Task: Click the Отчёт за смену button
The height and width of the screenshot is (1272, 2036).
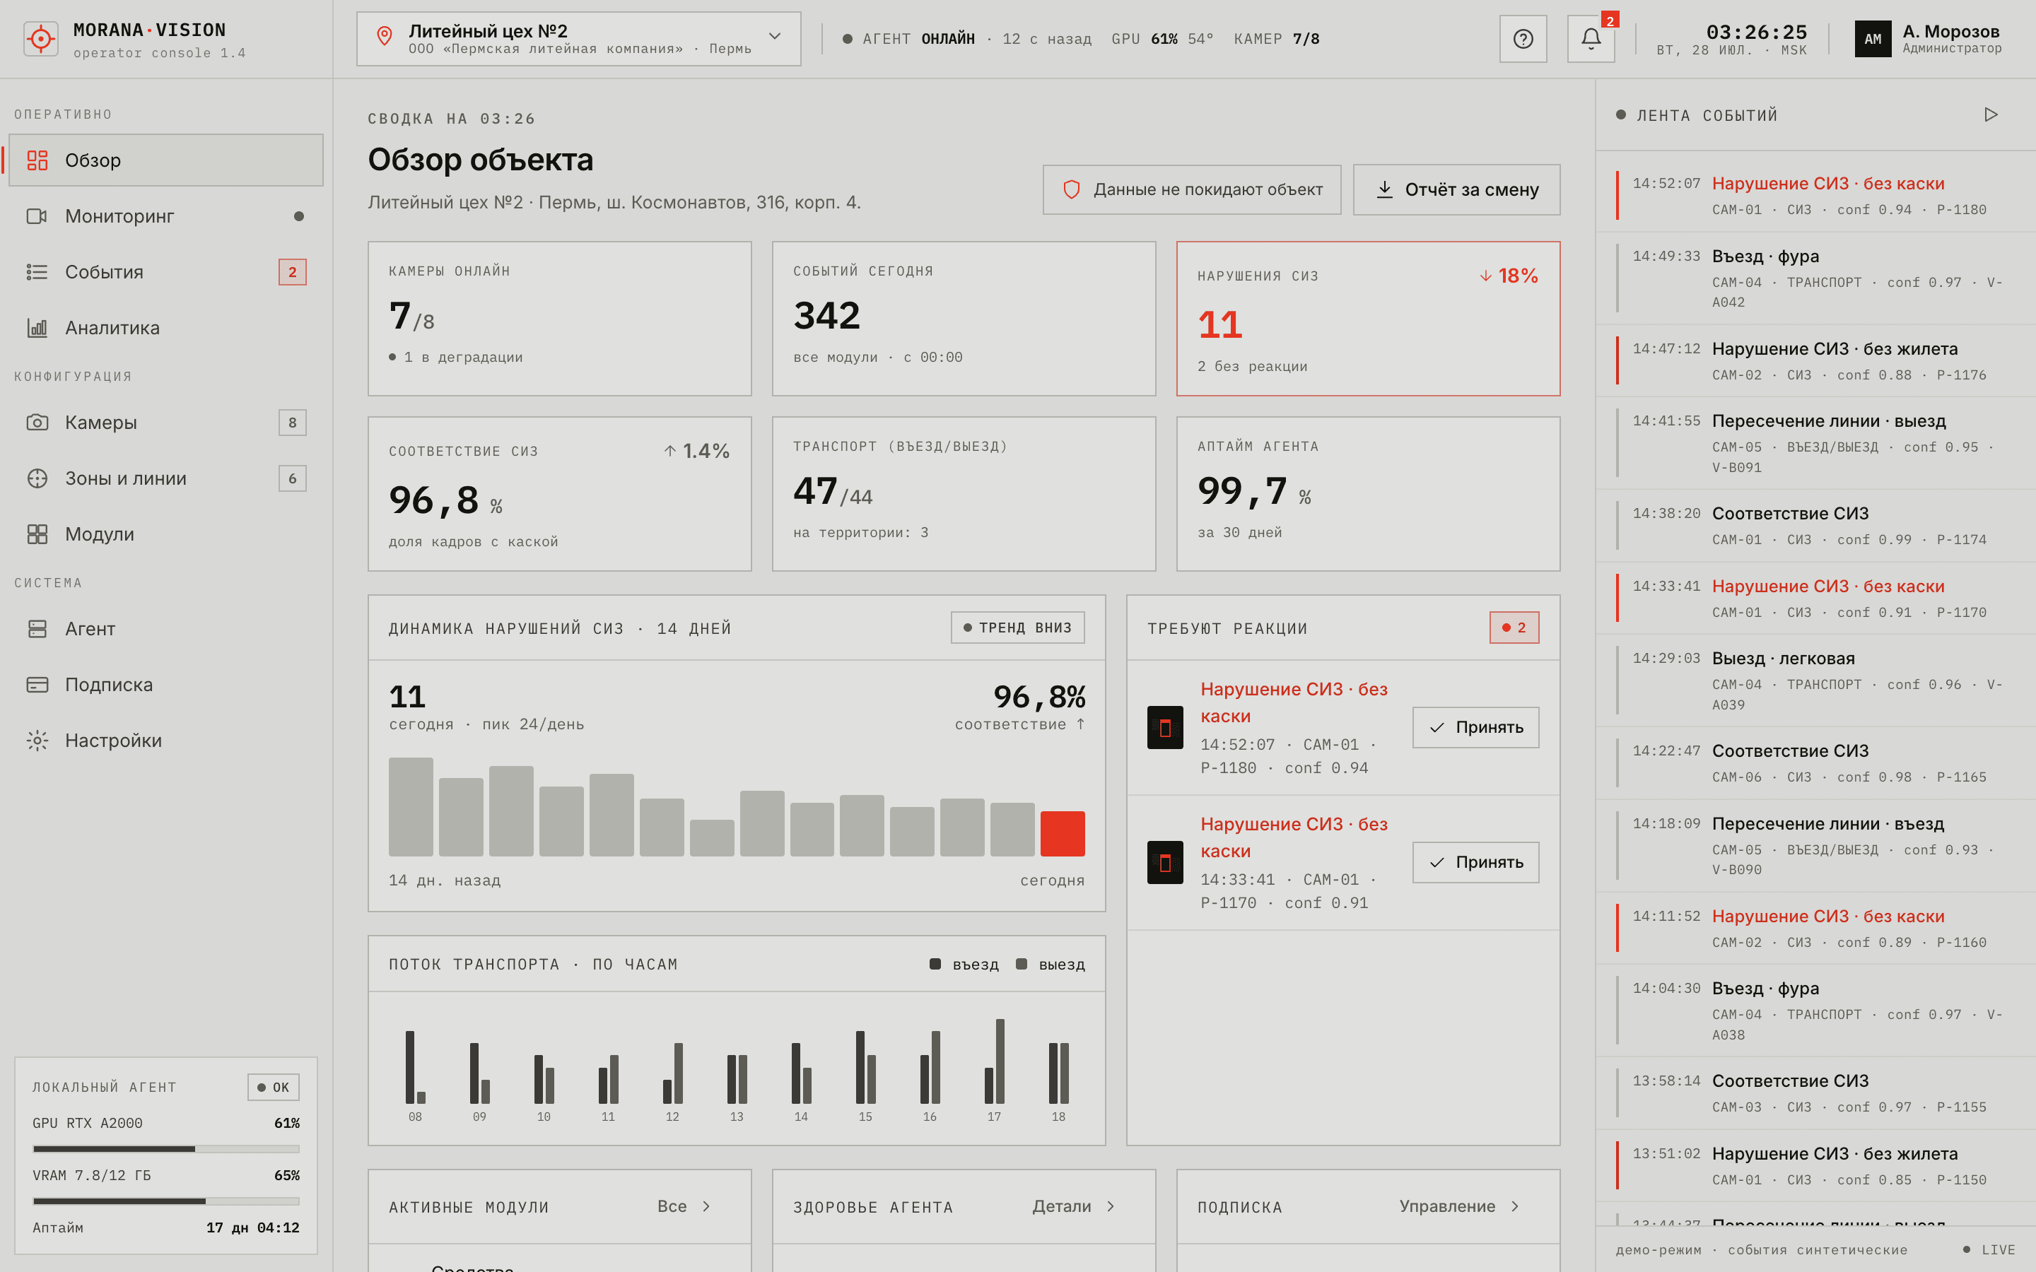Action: [x=1456, y=189]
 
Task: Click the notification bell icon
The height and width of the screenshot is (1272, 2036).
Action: [x=1590, y=39]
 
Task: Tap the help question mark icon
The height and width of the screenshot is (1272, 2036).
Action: [x=1523, y=39]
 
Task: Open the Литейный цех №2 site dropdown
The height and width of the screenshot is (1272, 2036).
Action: [x=579, y=39]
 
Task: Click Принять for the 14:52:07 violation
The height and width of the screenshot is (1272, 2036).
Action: [x=1475, y=728]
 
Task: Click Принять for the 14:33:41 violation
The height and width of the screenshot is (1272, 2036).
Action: [x=1475, y=862]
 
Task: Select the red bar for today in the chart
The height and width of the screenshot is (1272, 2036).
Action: [x=1063, y=834]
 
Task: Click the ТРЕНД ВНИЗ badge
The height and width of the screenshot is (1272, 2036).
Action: [x=1017, y=628]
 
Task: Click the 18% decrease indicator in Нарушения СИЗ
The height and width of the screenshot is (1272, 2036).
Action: [x=1509, y=276]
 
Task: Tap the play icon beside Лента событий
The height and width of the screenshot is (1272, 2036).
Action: [x=1991, y=114]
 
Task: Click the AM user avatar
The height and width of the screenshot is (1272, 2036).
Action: [x=1873, y=39]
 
